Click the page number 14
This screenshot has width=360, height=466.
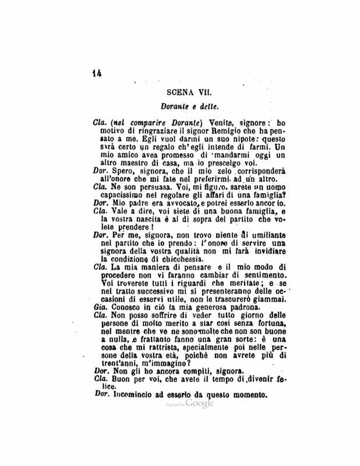[96, 73]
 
